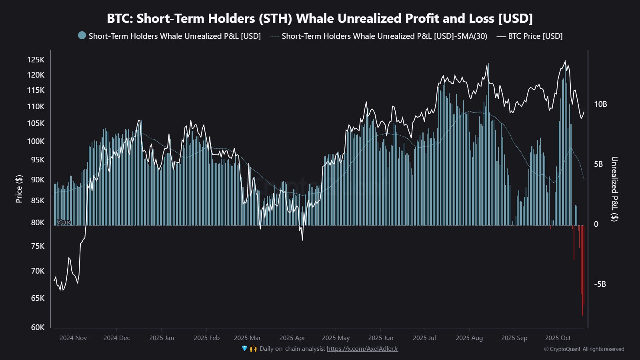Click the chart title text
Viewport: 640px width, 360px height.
point(320,18)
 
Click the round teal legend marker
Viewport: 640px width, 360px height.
point(82,36)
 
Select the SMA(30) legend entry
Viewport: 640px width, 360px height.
point(384,36)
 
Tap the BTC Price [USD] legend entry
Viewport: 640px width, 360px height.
point(535,36)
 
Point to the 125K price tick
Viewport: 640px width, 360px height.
point(36,60)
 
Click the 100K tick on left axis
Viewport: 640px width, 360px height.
point(36,141)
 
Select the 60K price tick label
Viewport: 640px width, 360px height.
point(38,327)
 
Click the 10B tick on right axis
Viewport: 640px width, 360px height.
point(600,104)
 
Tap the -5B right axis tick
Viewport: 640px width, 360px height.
point(600,284)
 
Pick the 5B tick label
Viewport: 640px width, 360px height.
point(598,164)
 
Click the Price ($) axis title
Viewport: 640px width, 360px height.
point(19,189)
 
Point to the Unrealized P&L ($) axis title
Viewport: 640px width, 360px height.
point(614,189)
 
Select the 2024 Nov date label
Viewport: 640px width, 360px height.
point(73,338)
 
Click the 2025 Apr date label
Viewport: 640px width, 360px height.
point(292,338)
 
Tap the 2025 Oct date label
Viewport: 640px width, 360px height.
point(558,338)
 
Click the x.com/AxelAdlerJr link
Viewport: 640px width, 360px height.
point(362,349)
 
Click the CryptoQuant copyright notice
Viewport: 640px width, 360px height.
point(584,349)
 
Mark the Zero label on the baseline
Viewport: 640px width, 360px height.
point(64,222)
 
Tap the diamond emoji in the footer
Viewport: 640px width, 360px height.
point(245,349)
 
